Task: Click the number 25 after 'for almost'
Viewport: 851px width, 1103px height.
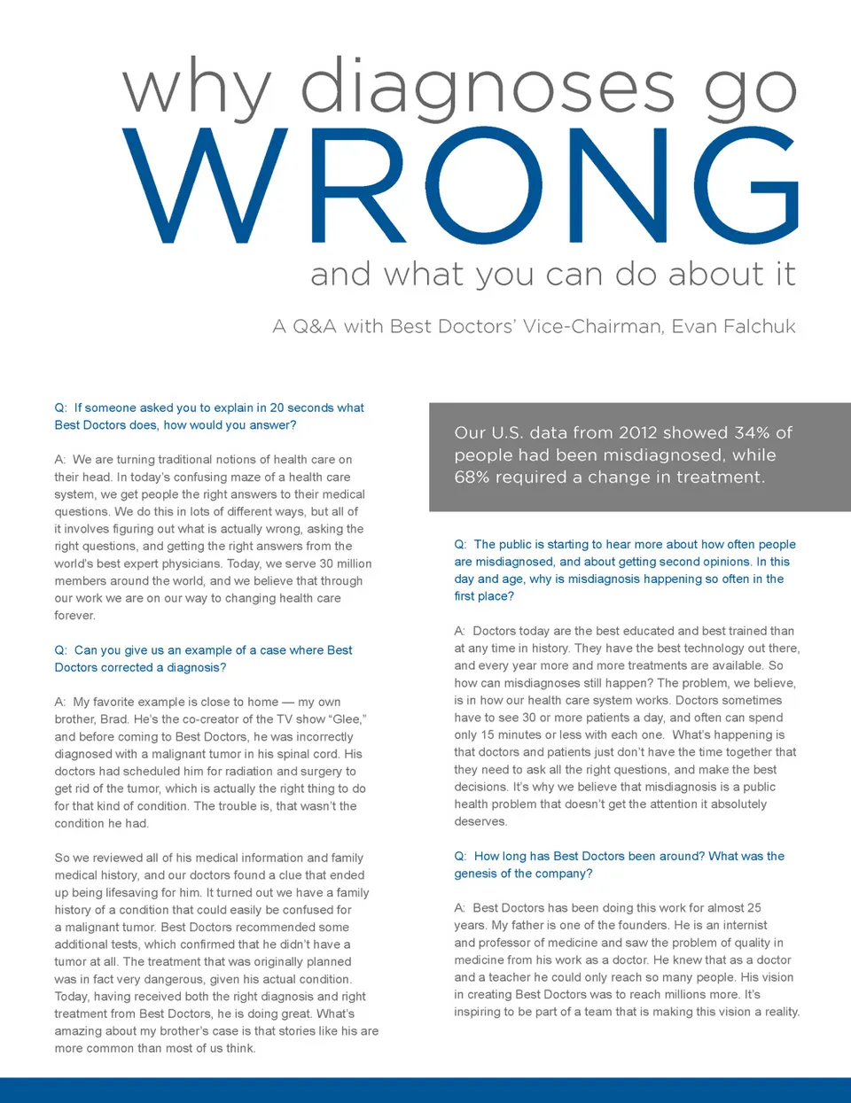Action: click(x=753, y=907)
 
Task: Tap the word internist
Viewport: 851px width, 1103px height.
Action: click(x=741, y=925)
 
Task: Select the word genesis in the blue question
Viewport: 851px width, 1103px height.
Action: click(x=476, y=874)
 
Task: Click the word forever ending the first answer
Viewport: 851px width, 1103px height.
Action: click(x=74, y=615)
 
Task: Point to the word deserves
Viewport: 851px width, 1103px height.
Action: click(x=480, y=821)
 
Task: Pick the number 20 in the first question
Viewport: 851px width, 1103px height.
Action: click(x=277, y=408)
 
